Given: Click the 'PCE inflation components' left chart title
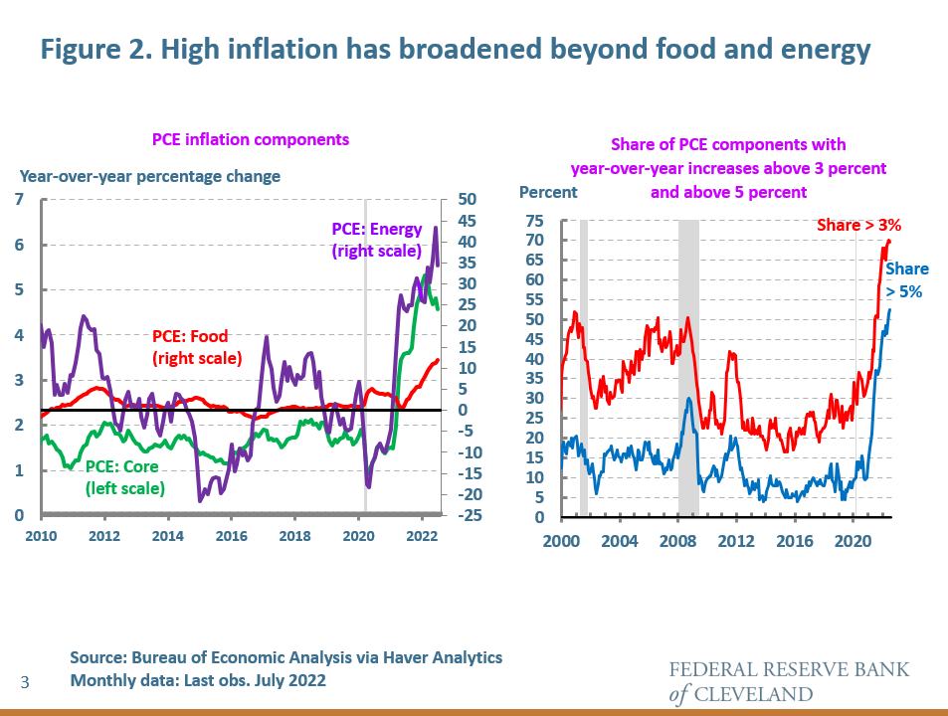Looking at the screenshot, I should point(250,139).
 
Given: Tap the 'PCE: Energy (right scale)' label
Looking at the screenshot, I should point(377,240).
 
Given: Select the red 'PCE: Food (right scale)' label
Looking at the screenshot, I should point(197,347).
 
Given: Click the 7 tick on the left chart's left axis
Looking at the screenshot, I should point(19,201).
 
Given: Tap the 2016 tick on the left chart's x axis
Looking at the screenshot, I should point(231,535).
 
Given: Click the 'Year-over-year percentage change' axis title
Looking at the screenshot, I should point(150,176).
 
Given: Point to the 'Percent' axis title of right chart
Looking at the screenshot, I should point(547,191).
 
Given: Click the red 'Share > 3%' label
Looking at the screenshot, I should point(858,226).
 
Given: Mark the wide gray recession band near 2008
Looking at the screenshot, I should point(688,368).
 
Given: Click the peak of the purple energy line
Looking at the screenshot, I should point(435,228).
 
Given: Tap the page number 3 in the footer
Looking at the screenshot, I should point(26,681).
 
